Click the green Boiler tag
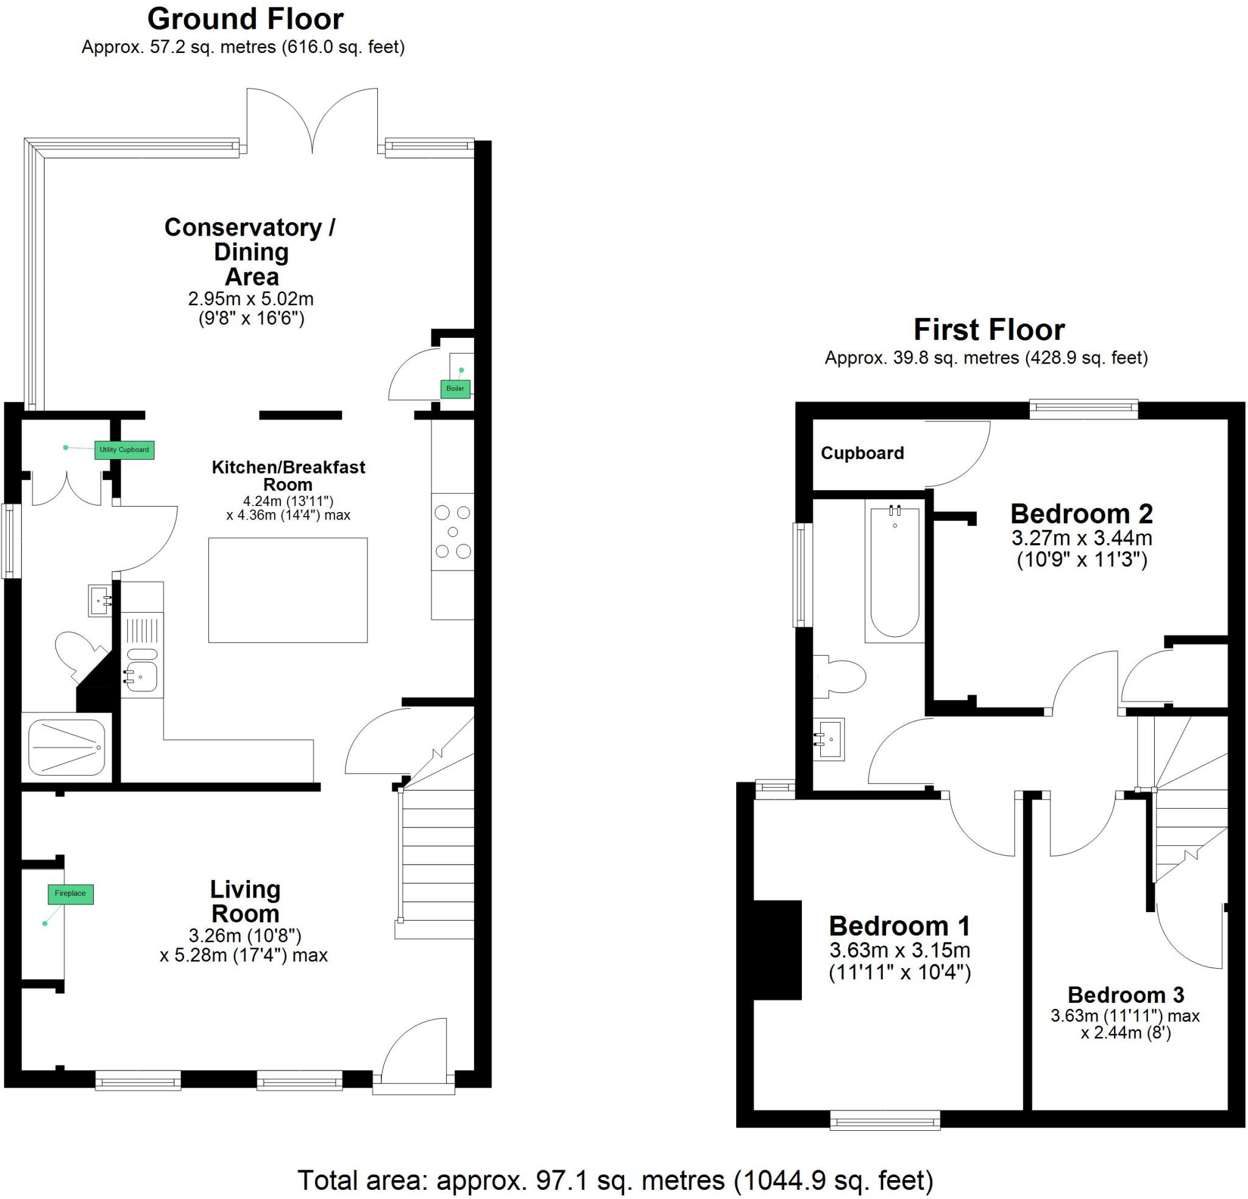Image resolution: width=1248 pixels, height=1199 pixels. [455, 389]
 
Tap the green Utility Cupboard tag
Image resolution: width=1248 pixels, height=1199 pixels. [124, 450]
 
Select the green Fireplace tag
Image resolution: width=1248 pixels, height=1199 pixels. [70, 893]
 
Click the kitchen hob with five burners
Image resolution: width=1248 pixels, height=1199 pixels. [452, 532]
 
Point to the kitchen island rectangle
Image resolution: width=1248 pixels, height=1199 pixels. [288, 590]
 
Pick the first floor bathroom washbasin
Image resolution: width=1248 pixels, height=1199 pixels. [831, 739]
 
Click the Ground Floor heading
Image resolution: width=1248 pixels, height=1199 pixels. [245, 19]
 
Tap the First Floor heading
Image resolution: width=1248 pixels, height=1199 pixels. [988, 329]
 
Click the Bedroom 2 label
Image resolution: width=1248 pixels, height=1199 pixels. [1082, 513]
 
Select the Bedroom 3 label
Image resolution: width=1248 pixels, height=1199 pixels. [1125, 995]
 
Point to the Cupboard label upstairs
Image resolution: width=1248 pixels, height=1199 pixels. [862, 453]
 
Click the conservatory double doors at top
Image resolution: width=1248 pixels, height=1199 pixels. [312, 121]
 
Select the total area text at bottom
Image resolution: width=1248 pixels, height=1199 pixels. [615, 1181]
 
